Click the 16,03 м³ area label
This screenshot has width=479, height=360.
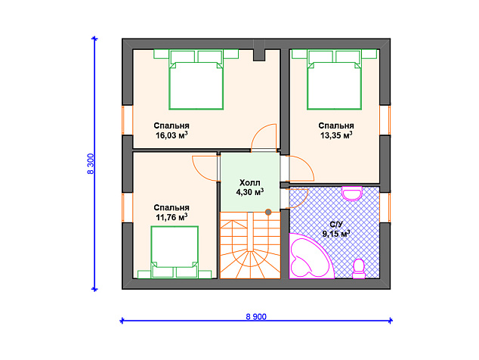click(x=172, y=135)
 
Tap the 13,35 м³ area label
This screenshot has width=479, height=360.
click(x=336, y=135)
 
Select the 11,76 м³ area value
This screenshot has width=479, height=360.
click(x=172, y=217)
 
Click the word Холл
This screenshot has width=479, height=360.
click(x=249, y=183)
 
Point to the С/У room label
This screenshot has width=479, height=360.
click(x=336, y=225)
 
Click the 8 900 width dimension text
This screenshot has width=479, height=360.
click(x=256, y=317)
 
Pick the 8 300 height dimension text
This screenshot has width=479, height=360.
click(x=91, y=163)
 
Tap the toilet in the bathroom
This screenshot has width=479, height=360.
click(x=359, y=268)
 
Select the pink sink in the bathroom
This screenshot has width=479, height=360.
click(x=352, y=194)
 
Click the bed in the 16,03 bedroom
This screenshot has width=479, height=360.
click(x=196, y=79)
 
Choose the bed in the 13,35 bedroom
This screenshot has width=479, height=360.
click(x=334, y=79)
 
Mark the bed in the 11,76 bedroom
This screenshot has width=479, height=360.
click(x=175, y=253)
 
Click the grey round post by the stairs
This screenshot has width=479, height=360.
click(x=268, y=212)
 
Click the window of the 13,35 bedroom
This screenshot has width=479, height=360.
click(x=385, y=120)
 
